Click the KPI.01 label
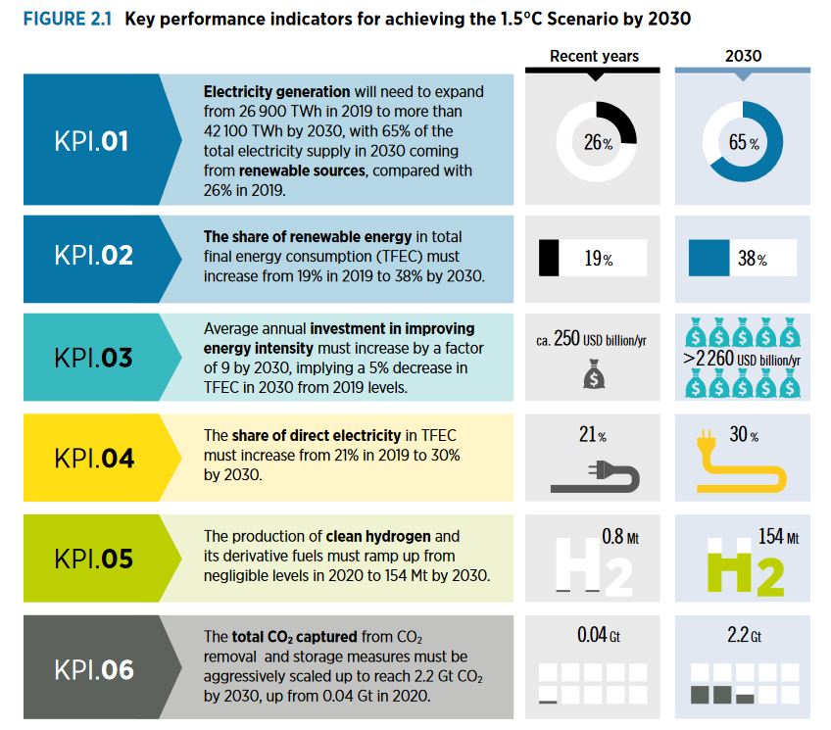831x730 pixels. pos(91,141)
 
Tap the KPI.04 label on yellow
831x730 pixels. pos(94,459)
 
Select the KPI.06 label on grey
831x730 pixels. pos(94,670)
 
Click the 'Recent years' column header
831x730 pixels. pos(594,56)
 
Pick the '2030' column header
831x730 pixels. pos(743,56)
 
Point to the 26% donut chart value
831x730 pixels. pos(598,142)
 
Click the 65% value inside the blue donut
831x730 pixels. pos(744,142)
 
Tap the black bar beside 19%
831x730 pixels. pos(549,258)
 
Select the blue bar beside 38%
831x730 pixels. pos(709,258)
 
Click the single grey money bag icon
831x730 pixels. pos(594,374)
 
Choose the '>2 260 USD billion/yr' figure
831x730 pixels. pos(742,359)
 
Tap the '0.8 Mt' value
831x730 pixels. pos(620,537)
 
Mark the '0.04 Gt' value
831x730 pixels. pos(599,635)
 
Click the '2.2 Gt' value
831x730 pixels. pos(744,635)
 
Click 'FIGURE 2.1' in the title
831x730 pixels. pos(68,19)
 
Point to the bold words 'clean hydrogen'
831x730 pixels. pos(378,537)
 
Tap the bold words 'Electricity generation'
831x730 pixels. pos(276,92)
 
